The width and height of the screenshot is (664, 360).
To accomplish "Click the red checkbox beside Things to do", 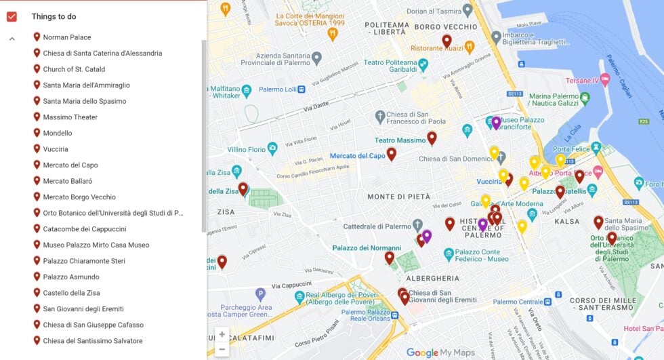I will pos(12,17).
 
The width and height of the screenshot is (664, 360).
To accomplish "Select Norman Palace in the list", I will pos(67,37).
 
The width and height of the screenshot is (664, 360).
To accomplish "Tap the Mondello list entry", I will pos(58,133).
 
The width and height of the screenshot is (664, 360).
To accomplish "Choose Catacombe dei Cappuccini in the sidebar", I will pos(85,229).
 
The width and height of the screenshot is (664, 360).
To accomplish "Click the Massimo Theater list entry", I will pos(70,117).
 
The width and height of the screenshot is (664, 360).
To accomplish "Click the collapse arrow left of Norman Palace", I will pos(12,39).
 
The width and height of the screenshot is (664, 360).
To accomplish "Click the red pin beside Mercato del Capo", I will pos(391,154).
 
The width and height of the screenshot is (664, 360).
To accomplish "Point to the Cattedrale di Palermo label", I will pos(377,226).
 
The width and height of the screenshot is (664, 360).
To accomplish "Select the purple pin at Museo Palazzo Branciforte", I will pos(496,123).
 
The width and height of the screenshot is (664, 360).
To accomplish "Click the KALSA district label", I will pos(566,222).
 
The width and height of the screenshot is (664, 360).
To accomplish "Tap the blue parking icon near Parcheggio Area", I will pos(260,294).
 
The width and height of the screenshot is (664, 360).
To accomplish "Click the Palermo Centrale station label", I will pos(518,302).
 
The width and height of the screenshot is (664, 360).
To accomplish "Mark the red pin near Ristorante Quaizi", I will pos(447,41).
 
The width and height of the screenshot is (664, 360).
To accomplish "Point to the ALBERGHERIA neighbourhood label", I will pos(432,279).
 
